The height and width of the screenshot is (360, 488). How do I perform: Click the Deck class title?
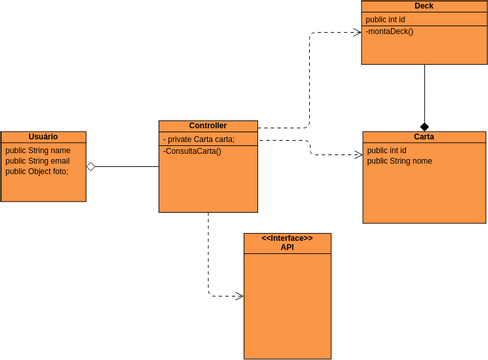(x=424, y=6)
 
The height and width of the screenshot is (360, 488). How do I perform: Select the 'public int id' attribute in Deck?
(x=385, y=19)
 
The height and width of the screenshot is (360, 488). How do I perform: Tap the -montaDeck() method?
(x=389, y=32)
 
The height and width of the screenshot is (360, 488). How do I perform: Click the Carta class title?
(x=424, y=137)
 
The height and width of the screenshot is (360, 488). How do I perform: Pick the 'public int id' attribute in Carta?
(x=386, y=150)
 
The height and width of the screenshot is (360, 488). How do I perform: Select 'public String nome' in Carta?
(x=399, y=161)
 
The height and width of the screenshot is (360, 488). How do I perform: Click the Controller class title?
(x=208, y=126)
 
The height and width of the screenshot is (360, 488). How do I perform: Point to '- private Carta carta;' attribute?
(x=199, y=139)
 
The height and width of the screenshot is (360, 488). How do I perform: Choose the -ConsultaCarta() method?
(x=192, y=151)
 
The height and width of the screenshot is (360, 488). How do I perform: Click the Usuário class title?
(x=43, y=137)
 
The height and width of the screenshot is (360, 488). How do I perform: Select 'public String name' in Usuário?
(x=37, y=150)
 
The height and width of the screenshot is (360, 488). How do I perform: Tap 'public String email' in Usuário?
(x=37, y=161)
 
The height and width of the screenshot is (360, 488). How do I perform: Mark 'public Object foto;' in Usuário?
(x=37, y=172)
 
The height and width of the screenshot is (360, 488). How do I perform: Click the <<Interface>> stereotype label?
(x=287, y=238)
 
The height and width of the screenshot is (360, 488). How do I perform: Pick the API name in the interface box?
(x=287, y=247)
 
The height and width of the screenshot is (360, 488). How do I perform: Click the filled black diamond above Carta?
(x=424, y=126)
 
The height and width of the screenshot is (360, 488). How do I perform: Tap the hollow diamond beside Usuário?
(x=91, y=166)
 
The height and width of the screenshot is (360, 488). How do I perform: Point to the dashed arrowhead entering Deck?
(x=356, y=32)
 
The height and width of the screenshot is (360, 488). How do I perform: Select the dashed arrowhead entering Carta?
(x=358, y=155)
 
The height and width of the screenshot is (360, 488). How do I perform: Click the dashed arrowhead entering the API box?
(x=239, y=296)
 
